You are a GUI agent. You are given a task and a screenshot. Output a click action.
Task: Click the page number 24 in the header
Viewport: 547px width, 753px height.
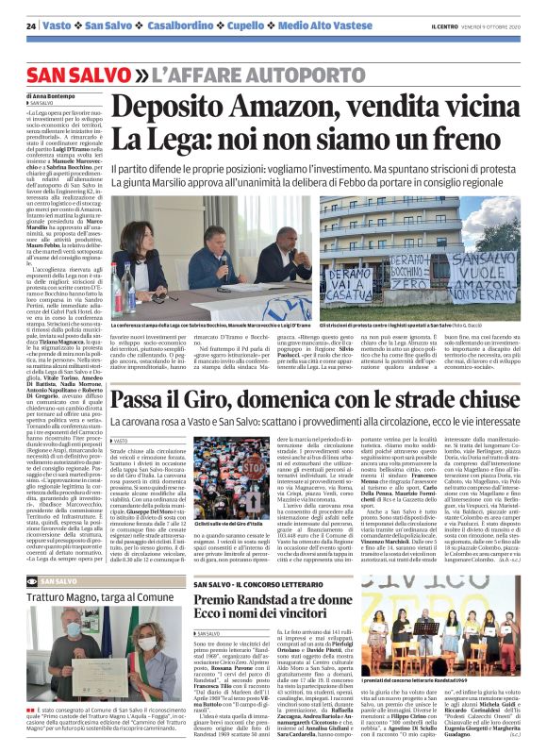[x=32, y=25]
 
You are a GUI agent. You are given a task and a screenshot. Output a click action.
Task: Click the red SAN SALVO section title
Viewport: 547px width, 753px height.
[x=78, y=75]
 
